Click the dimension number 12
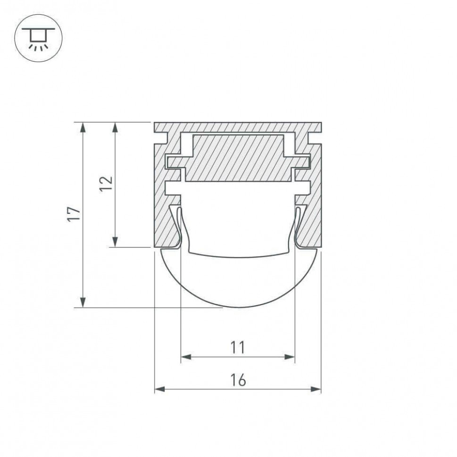point(107,184)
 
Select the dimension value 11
point(238,348)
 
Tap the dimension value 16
point(238,380)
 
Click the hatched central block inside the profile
point(238,158)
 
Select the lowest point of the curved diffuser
point(238,307)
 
